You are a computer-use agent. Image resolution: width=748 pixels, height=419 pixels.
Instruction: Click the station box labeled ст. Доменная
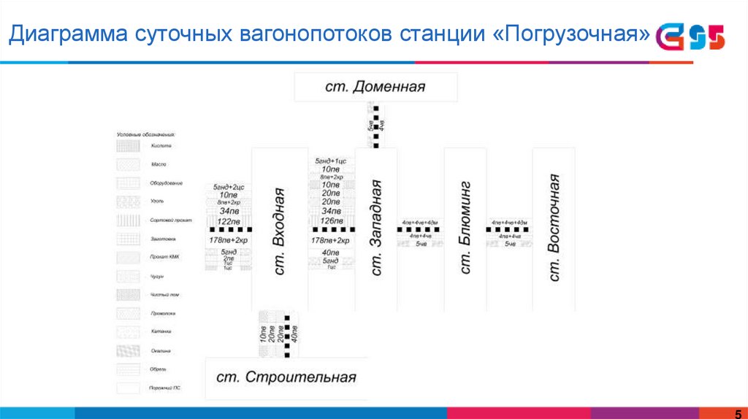click(x=375, y=88)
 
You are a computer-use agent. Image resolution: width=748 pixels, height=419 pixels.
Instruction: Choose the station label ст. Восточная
click(x=554, y=228)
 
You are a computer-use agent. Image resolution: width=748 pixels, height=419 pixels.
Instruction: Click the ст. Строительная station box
click(x=286, y=377)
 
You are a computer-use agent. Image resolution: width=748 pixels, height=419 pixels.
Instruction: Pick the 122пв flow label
click(x=229, y=221)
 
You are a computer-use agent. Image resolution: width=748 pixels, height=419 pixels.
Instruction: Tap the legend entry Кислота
click(x=161, y=146)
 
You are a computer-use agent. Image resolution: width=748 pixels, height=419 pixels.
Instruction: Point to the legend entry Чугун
click(x=158, y=277)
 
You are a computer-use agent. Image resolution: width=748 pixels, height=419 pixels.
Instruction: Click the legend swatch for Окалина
click(x=129, y=351)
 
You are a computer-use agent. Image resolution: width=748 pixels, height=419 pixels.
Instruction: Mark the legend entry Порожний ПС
click(x=165, y=388)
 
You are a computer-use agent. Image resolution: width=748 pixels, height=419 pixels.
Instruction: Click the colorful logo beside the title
click(x=690, y=37)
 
